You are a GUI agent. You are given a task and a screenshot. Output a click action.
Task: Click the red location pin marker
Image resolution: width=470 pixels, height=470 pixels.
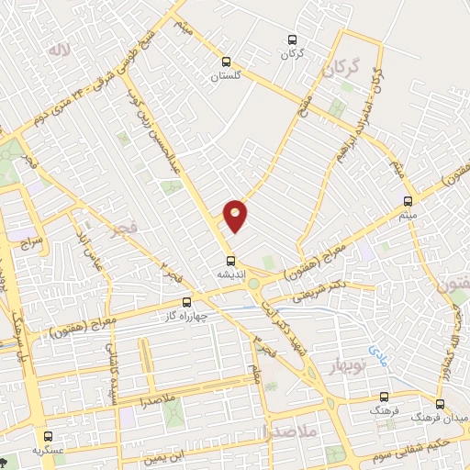[235, 215]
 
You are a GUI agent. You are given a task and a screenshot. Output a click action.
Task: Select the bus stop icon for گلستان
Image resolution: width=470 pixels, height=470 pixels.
[224, 62]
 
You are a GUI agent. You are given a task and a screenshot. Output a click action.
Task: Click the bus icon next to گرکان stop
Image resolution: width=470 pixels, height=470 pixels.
[292, 39]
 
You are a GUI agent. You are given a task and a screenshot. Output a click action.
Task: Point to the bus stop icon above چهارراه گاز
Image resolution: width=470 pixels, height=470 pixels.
[186, 301]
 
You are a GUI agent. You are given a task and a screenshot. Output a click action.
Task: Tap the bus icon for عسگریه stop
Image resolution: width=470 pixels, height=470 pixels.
[48, 436]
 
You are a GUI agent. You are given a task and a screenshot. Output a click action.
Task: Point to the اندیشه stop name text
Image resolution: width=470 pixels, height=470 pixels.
[229, 274]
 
